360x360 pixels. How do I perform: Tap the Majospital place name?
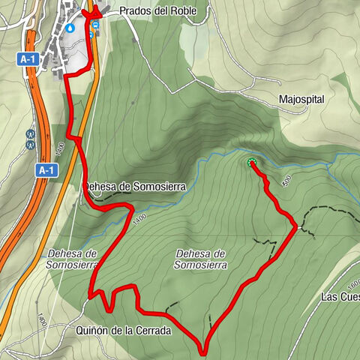pos(301,98)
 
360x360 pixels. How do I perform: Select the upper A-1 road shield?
pos(28,58)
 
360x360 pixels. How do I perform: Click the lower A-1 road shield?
pos(46,170)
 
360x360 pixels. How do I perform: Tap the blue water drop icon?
pos(70,27)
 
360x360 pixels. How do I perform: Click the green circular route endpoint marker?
pos(250,162)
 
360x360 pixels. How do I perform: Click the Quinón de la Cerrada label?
pos(124,330)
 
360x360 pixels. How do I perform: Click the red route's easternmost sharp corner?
pos(295,229)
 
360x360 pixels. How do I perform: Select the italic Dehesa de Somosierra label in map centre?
pos(199,259)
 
